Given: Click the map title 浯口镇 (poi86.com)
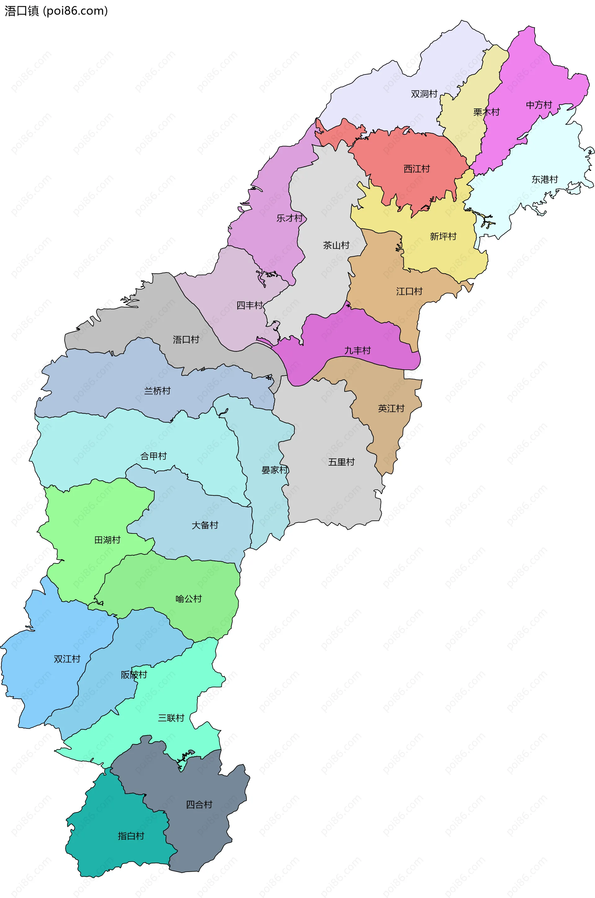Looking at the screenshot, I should point(56,11).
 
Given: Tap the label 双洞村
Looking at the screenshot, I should point(424,94).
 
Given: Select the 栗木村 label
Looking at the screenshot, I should point(486,112).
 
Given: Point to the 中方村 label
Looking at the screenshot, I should point(539,105).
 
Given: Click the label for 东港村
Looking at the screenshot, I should point(544,179).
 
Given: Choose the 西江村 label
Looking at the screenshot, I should point(416,169).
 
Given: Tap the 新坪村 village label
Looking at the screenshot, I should point(443,236).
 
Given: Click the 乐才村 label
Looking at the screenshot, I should point(289,218).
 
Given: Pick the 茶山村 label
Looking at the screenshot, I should point(336,245).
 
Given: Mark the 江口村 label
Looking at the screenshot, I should point(409,291).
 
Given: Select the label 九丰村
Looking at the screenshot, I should point(357,350).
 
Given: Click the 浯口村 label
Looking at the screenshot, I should point(186,339).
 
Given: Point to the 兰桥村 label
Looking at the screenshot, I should point(157,391).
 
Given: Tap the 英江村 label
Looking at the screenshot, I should point(391,408).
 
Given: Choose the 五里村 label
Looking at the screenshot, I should point(341,462).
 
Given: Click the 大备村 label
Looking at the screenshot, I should point(205,525).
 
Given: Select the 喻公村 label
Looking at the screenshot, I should point(189,599).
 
